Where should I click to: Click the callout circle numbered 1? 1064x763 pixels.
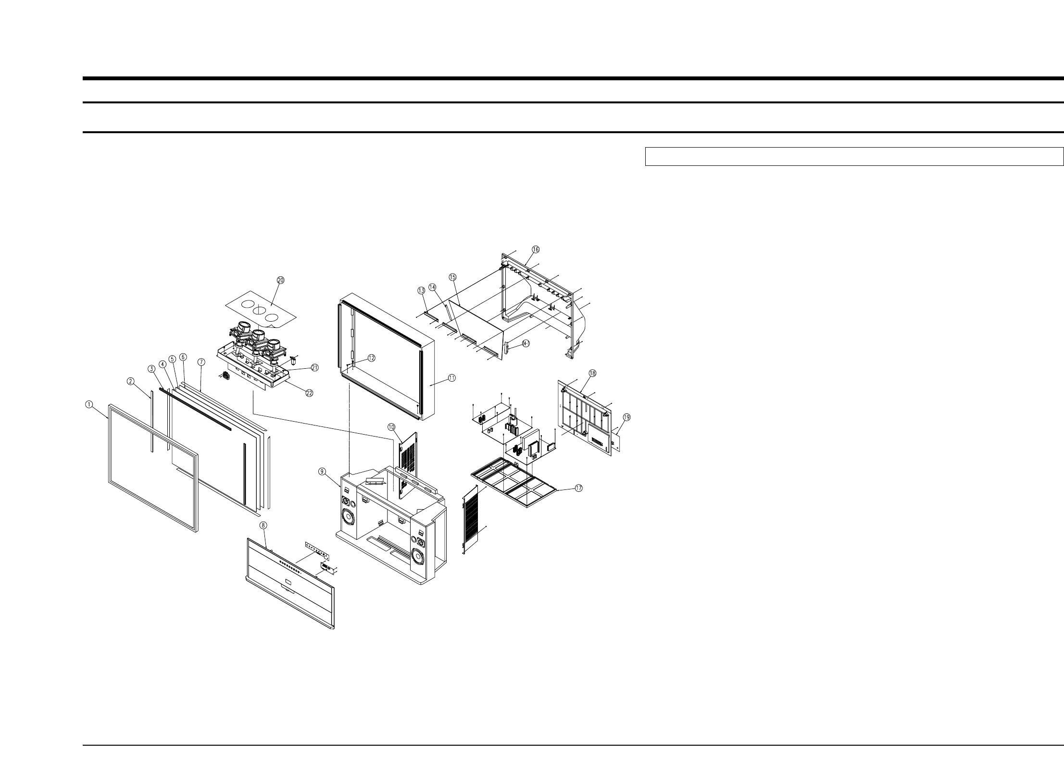coord(89,405)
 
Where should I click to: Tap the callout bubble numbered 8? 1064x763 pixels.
coord(263,525)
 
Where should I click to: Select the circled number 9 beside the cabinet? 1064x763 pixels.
coord(322,472)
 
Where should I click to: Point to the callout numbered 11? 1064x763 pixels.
coord(451,378)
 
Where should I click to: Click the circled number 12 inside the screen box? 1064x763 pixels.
coord(372,358)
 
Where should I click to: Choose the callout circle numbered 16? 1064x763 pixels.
coord(536,249)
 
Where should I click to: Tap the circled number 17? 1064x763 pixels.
coord(578,488)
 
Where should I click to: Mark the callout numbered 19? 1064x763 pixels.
coord(626,417)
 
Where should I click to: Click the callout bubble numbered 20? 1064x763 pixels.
coord(281,280)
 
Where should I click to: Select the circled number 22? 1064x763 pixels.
coord(309,393)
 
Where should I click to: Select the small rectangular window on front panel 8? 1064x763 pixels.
coord(288,584)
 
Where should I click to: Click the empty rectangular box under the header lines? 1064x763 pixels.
coord(853,157)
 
